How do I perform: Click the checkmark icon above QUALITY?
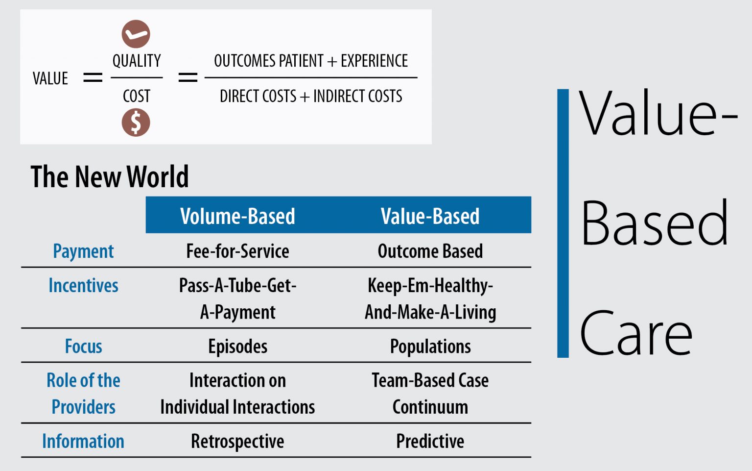click(136, 34)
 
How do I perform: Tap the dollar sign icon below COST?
click(136, 122)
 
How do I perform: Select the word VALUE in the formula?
click(50, 78)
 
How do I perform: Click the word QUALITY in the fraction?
click(137, 61)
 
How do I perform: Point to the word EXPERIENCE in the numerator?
click(374, 61)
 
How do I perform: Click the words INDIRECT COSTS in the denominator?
click(357, 96)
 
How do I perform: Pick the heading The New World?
click(109, 176)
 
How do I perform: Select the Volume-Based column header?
click(237, 216)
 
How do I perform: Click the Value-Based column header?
click(430, 216)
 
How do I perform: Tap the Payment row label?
click(83, 251)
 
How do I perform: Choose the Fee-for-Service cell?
click(237, 251)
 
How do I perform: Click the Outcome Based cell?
click(430, 251)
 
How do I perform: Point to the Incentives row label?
click(83, 286)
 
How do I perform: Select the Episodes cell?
click(237, 347)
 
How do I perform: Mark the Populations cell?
click(430, 347)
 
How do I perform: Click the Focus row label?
click(83, 347)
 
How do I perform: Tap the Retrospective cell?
click(237, 441)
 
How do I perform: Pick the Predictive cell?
click(430, 441)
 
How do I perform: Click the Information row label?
click(83, 441)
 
